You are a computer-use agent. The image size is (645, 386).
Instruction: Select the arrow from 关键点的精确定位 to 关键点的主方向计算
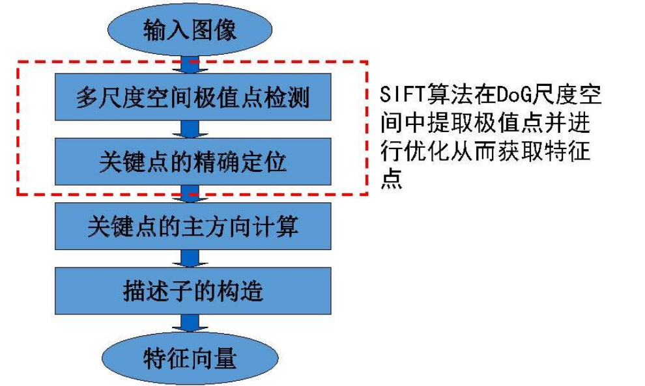[189, 193]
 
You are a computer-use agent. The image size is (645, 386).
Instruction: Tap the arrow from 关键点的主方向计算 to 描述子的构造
[189, 258]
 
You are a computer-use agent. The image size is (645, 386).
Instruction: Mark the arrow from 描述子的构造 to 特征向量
[189, 324]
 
